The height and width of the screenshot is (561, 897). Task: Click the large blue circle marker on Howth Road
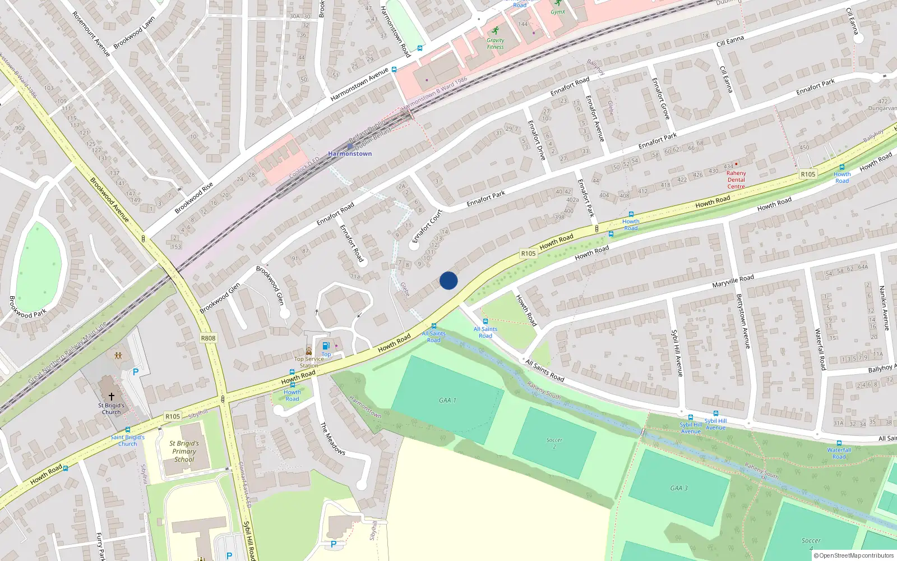pos(449,280)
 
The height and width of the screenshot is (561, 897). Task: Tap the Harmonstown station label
pos(350,154)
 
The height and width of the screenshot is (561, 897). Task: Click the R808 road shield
pos(208,338)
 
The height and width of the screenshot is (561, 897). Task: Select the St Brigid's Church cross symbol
pos(111,396)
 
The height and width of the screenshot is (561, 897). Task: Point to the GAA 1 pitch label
pos(447,401)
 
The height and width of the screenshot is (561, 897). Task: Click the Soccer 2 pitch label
pos(554,443)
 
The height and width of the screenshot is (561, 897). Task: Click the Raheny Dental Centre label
pos(736,180)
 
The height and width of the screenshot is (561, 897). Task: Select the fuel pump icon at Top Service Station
pos(326,346)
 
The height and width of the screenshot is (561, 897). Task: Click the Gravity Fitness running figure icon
pos(495,31)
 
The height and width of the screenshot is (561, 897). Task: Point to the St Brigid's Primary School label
pos(184,451)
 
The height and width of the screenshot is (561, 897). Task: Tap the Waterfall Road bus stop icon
pos(839,443)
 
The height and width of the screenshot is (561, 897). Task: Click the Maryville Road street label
pos(733,281)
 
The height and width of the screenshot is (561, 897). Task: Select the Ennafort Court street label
pos(427,226)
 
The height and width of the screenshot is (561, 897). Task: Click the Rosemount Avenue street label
pos(91,34)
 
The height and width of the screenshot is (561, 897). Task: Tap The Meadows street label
pos(332,439)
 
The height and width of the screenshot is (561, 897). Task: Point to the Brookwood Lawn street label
pos(134,33)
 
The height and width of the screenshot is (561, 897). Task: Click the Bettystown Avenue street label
pos(743,321)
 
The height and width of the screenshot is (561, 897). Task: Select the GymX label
pos(558,12)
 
